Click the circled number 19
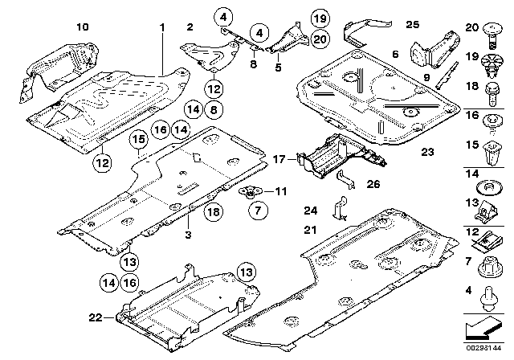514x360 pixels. [x=297, y=18]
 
